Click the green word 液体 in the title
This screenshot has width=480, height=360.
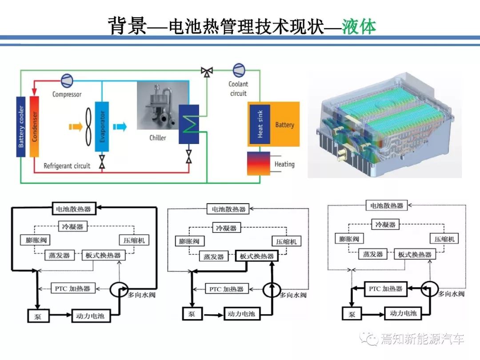(x=359, y=27)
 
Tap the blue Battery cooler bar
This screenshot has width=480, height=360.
(x=21, y=126)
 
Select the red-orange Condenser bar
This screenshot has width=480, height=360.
(x=34, y=126)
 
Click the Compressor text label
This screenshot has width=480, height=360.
(x=67, y=94)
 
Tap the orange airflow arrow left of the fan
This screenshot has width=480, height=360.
(x=76, y=127)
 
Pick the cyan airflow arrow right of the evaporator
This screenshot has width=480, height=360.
(x=120, y=127)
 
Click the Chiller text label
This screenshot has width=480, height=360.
(x=157, y=138)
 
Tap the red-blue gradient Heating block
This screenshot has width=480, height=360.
(x=259, y=164)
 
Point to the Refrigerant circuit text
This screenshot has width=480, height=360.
(x=67, y=166)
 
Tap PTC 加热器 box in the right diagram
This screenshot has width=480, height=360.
(x=385, y=288)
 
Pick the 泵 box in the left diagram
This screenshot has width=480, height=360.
(x=35, y=316)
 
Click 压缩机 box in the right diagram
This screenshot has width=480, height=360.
(x=444, y=239)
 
